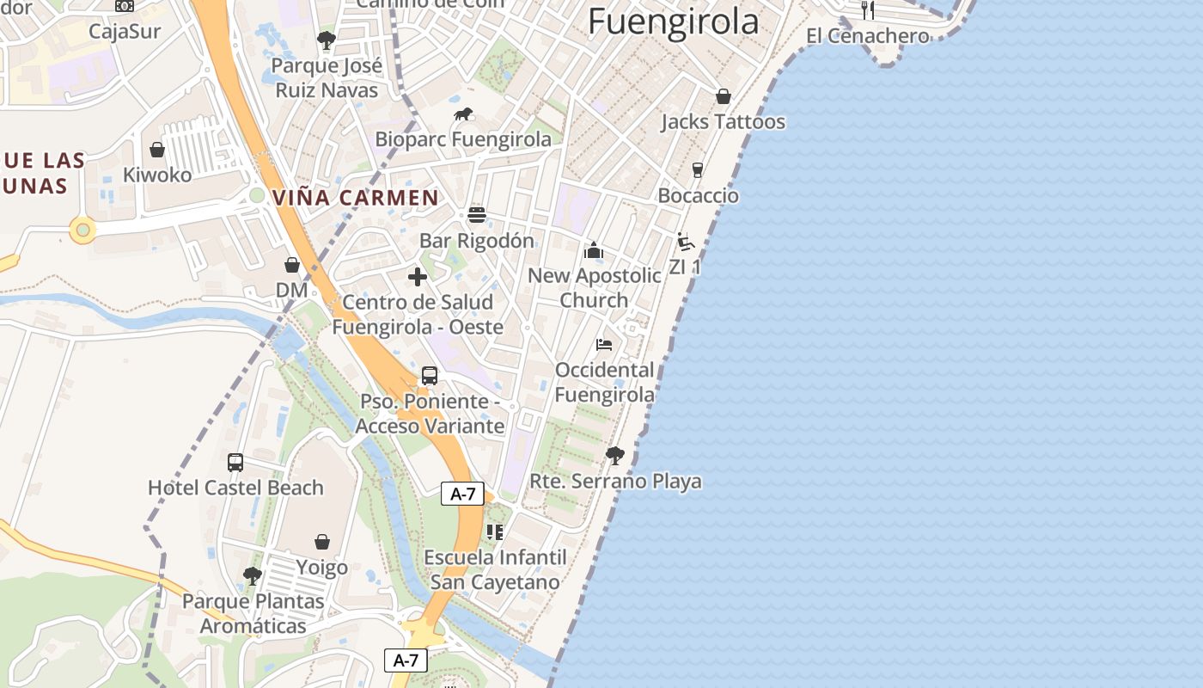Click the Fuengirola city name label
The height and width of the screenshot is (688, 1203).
(x=674, y=22)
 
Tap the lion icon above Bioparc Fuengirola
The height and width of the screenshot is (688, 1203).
(x=463, y=114)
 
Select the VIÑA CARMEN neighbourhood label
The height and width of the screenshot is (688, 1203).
(x=356, y=197)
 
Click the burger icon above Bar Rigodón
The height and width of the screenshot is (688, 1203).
(x=477, y=215)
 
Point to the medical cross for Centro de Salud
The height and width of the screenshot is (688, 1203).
(x=418, y=277)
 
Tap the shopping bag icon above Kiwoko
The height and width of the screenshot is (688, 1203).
(x=157, y=150)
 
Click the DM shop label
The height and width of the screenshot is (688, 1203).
(x=292, y=291)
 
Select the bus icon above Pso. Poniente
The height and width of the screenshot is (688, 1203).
(x=430, y=376)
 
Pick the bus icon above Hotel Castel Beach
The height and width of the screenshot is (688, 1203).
(x=235, y=463)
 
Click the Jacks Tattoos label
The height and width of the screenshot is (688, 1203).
(x=723, y=122)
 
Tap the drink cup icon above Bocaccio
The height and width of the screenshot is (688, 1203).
(x=698, y=170)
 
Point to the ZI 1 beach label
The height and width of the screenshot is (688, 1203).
(x=685, y=267)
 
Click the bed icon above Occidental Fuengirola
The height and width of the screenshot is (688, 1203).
(x=604, y=345)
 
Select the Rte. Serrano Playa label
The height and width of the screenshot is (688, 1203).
(x=615, y=482)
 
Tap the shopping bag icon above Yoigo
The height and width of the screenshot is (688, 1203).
(x=322, y=542)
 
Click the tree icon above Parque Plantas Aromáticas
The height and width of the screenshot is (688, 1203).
(x=252, y=575)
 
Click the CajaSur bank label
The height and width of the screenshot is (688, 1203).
(x=125, y=32)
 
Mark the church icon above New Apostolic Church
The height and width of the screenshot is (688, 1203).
(x=594, y=251)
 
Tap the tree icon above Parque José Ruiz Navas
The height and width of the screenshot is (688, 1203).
(x=326, y=40)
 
